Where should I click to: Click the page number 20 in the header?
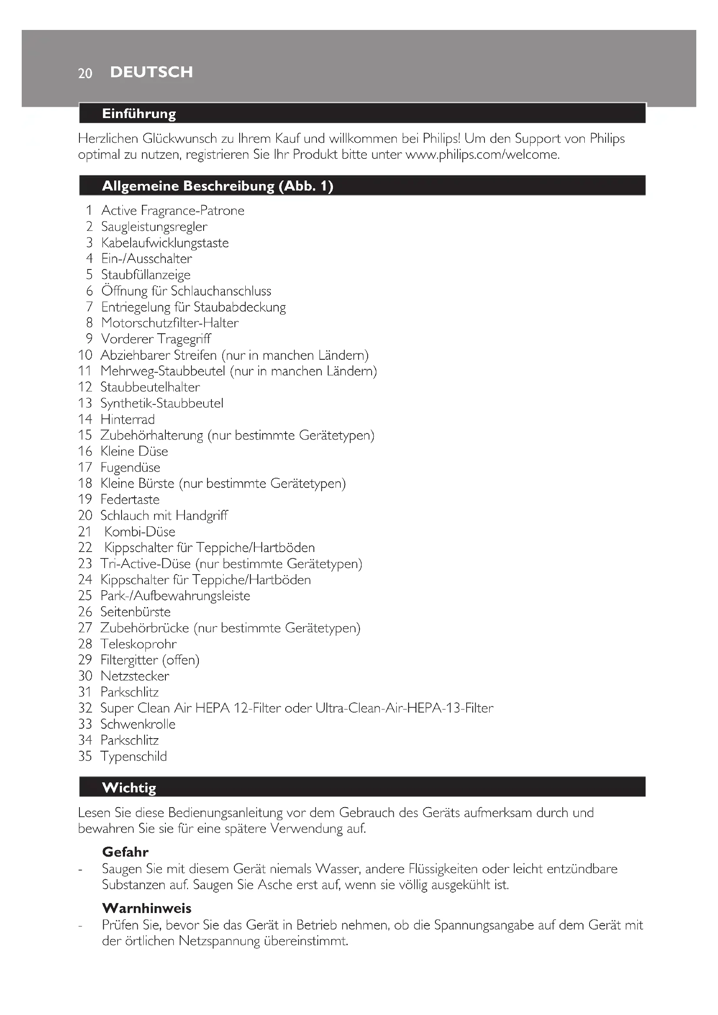(x=85, y=73)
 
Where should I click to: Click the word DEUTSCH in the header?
(x=151, y=72)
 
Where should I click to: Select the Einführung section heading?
(x=139, y=114)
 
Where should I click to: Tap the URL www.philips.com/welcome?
(x=482, y=155)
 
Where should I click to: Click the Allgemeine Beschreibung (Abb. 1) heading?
(x=217, y=186)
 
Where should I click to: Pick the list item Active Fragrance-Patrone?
(x=172, y=210)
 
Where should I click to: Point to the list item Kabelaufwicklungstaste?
(x=165, y=243)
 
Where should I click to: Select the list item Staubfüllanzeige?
(x=146, y=275)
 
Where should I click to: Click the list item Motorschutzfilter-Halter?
(x=170, y=323)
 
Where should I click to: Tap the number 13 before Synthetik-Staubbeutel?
(x=85, y=403)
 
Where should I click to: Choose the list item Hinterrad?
(x=127, y=419)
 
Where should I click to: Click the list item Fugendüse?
(x=130, y=467)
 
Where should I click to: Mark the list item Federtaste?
(x=129, y=499)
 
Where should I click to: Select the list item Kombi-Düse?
(x=140, y=532)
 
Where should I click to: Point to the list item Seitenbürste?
(x=135, y=612)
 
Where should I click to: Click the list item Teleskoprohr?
(x=138, y=644)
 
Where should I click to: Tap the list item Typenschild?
(x=134, y=756)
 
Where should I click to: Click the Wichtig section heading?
(x=128, y=787)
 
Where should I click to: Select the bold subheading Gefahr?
(x=125, y=851)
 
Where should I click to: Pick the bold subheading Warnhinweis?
(x=146, y=908)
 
